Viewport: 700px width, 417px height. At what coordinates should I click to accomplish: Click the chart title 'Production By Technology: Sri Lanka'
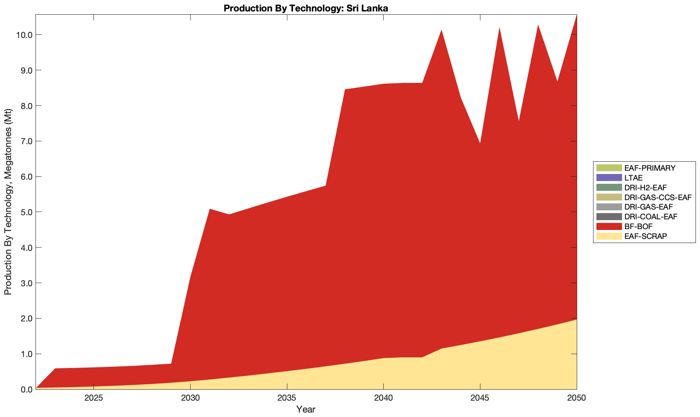coord(306,8)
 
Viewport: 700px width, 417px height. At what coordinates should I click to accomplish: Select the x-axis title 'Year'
coord(306,409)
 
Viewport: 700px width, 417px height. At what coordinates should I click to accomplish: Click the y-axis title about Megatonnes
coord(8,202)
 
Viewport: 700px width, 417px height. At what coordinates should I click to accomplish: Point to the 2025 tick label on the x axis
coord(93,399)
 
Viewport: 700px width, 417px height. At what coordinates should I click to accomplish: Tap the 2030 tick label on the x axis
coord(190,399)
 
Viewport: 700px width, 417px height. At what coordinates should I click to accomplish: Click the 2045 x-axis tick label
coord(480,399)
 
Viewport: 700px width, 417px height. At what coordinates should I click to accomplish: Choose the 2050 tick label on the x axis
coord(576,399)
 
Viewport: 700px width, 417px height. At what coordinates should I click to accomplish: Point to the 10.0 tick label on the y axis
coord(24,35)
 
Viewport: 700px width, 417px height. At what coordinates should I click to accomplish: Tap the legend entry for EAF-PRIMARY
coord(650,168)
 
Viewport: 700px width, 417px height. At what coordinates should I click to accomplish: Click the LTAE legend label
coord(633,178)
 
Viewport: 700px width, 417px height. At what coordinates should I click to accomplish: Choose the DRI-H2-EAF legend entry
coord(645,187)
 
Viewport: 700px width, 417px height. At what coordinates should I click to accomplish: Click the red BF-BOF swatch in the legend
coord(609,226)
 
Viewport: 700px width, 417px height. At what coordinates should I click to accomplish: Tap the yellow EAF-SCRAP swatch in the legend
coord(609,236)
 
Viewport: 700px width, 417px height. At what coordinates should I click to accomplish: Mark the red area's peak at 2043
coord(441,31)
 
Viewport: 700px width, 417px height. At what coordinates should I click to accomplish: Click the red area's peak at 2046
coord(499,28)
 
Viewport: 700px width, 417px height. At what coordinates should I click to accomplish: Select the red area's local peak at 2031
coord(209,210)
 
